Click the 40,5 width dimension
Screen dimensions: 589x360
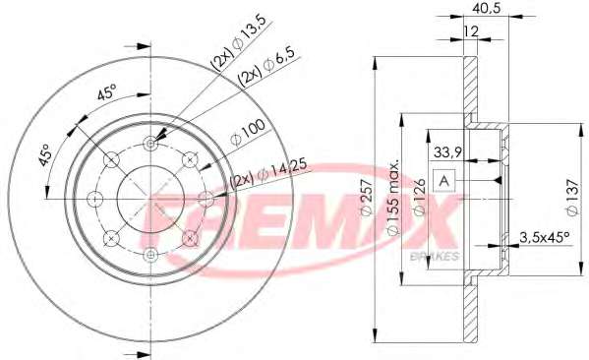[x=487, y=8]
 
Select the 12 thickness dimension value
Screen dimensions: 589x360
[x=470, y=31]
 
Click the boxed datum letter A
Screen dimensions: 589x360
[x=444, y=181]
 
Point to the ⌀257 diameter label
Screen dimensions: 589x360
[x=367, y=198]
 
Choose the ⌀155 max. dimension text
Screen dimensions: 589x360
[x=393, y=198]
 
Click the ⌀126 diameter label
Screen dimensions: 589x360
[x=420, y=197]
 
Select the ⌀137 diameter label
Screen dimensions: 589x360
[x=572, y=197]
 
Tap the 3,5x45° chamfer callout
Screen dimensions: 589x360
[x=545, y=237]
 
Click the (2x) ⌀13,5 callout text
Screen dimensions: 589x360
[x=239, y=43]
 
